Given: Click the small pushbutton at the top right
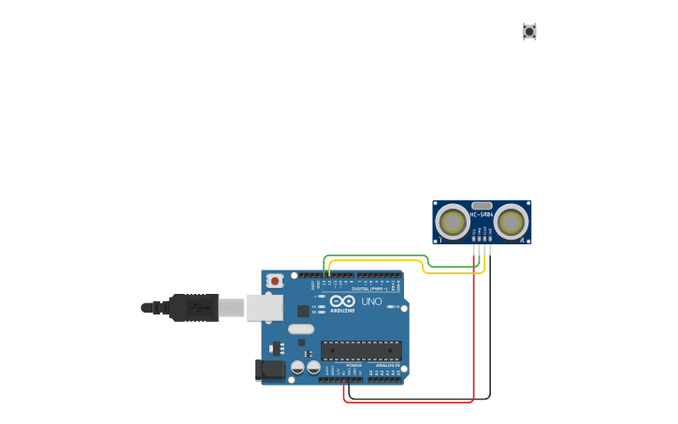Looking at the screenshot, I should click(x=529, y=32).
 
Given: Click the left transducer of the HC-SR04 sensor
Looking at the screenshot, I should click(x=454, y=222).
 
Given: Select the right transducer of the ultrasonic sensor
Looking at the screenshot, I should click(x=511, y=222).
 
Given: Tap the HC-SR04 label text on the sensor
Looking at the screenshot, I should click(x=482, y=214).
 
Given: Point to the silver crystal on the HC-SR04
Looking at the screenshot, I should click(x=482, y=205).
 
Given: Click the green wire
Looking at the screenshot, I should click(x=374, y=256).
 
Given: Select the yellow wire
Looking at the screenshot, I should click(x=374, y=261).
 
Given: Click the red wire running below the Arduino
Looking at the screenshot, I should click(x=411, y=402).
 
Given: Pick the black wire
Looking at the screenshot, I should click(x=489, y=328).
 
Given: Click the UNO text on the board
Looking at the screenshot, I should click(x=371, y=301).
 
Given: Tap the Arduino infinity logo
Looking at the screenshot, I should click(x=342, y=300).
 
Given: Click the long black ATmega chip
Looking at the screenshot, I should click(x=361, y=351).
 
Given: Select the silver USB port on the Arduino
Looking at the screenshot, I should click(x=265, y=307).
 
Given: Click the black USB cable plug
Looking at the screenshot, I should click(x=195, y=307).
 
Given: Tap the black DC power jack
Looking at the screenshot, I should click(x=271, y=370).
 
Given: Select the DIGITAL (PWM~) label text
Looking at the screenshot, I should click(x=368, y=288).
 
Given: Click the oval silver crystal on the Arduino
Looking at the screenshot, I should click(x=301, y=329).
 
